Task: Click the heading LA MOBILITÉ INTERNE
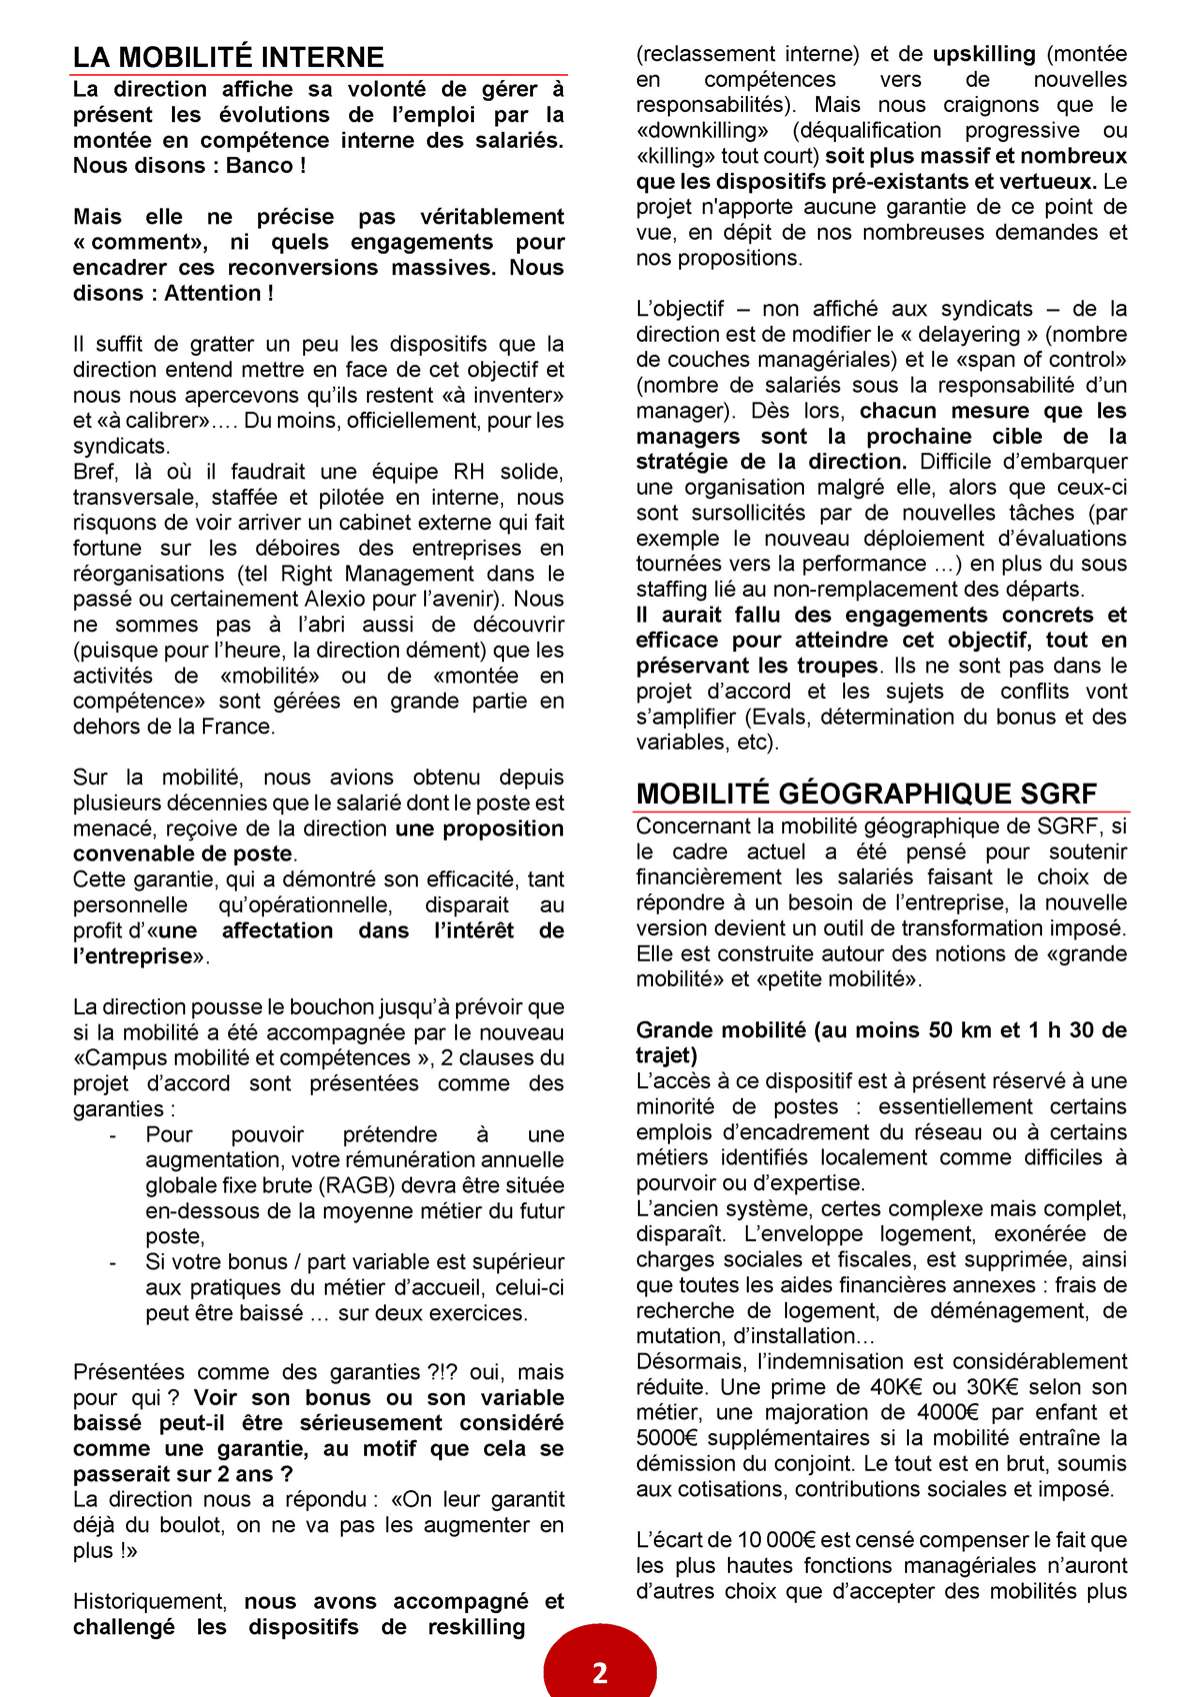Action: pos(228,57)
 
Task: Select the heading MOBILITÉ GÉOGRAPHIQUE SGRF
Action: pos(866,794)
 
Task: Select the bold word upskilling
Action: pos(984,54)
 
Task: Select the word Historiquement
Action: pos(149,1602)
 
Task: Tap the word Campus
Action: pos(125,1058)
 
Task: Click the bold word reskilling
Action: pos(476,1627)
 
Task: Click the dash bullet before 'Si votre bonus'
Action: pos(113,1262)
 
